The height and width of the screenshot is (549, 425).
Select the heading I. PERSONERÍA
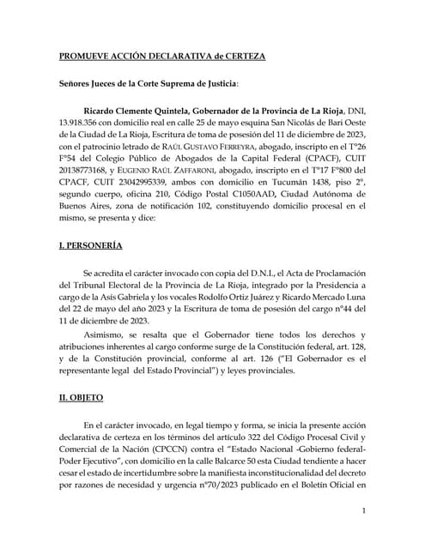click(90, 246)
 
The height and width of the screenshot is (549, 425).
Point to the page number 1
click(364, 512)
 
